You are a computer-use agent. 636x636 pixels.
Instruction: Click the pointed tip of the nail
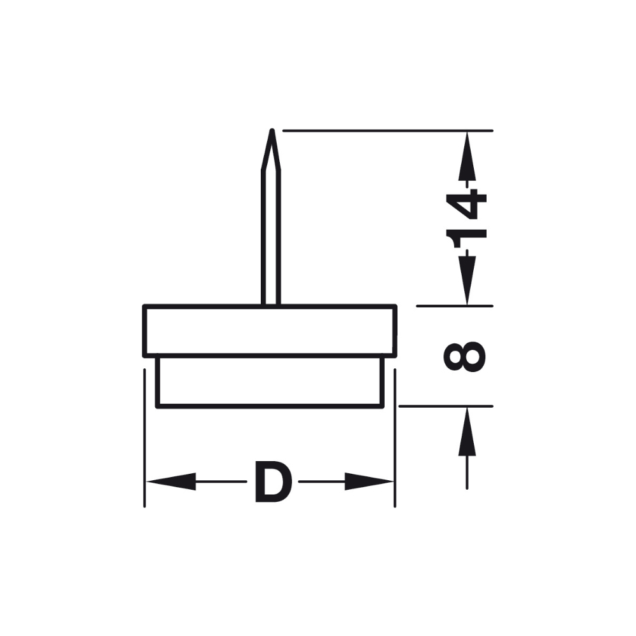click(x=272, y=132)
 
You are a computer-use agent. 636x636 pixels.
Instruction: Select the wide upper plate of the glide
click(x=270, y=330)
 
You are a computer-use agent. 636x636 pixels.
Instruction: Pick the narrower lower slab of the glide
click(x=270, y=381)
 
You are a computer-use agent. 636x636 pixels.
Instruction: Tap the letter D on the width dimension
click(x=272, y=483)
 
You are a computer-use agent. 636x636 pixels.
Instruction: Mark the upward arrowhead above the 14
click(x=467, y=156)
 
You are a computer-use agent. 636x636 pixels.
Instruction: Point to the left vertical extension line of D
click(x=146, y=439)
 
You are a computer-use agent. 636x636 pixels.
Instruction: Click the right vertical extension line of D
click(x=395, y=439)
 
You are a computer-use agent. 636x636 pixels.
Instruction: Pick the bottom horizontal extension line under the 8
click(x=445, y=406)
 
